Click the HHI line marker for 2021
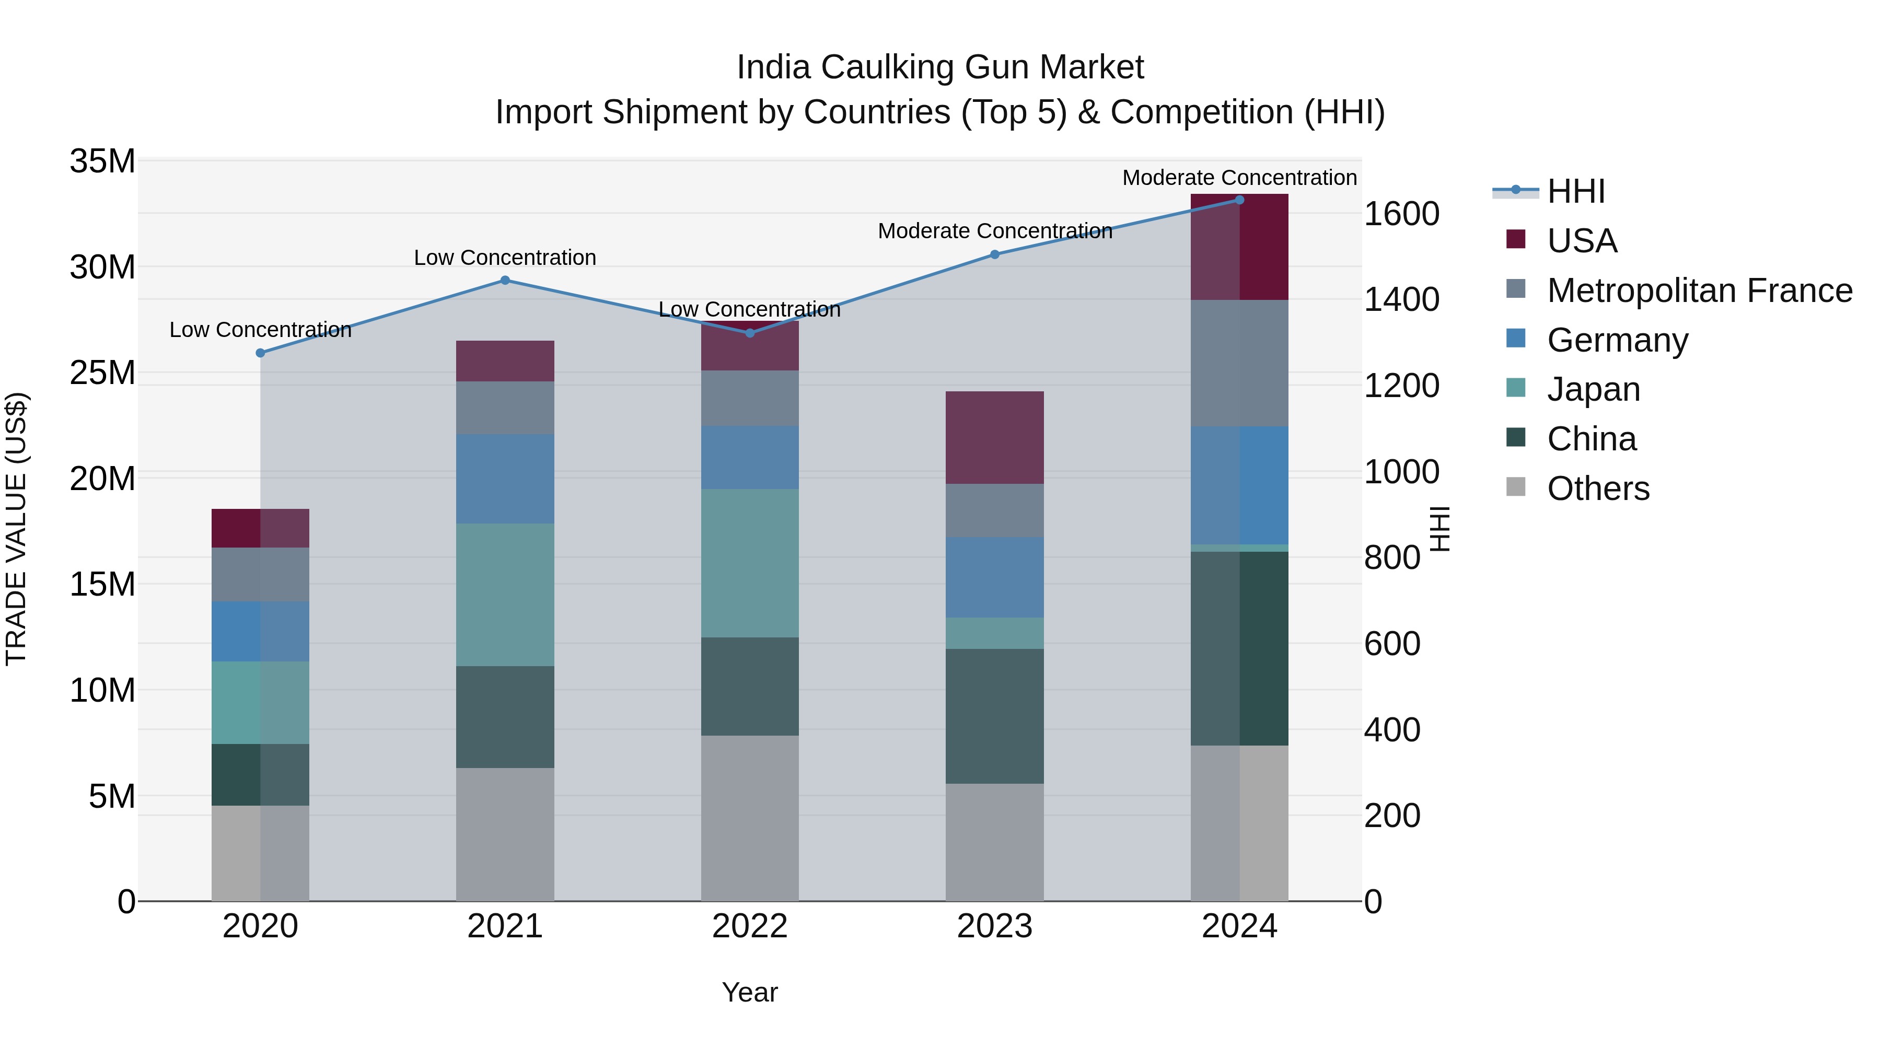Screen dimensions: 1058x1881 point(505,281)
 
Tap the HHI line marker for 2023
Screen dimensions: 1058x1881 point(994,254)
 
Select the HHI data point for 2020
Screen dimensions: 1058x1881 point(261,353)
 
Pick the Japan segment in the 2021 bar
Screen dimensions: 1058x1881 point(505,595)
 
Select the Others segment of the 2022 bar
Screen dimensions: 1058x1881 point(750,818)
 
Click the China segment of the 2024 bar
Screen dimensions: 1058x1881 point(1239,648)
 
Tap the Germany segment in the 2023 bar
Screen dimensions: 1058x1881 point(994,577)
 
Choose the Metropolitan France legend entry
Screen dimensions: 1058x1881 point(1699,290)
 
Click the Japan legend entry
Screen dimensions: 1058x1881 point(1593,389)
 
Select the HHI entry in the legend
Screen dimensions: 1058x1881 point(1576,191)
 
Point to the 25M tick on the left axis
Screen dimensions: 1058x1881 point(102,373)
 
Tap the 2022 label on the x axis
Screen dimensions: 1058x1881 point(750,926)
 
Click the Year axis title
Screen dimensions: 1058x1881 point(750,992)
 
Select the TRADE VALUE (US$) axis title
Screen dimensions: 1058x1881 point(16,529)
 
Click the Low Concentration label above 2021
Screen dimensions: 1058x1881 point(505,258)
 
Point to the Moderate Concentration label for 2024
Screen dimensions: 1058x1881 point(1239,178)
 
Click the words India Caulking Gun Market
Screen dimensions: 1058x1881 point(940,67)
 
